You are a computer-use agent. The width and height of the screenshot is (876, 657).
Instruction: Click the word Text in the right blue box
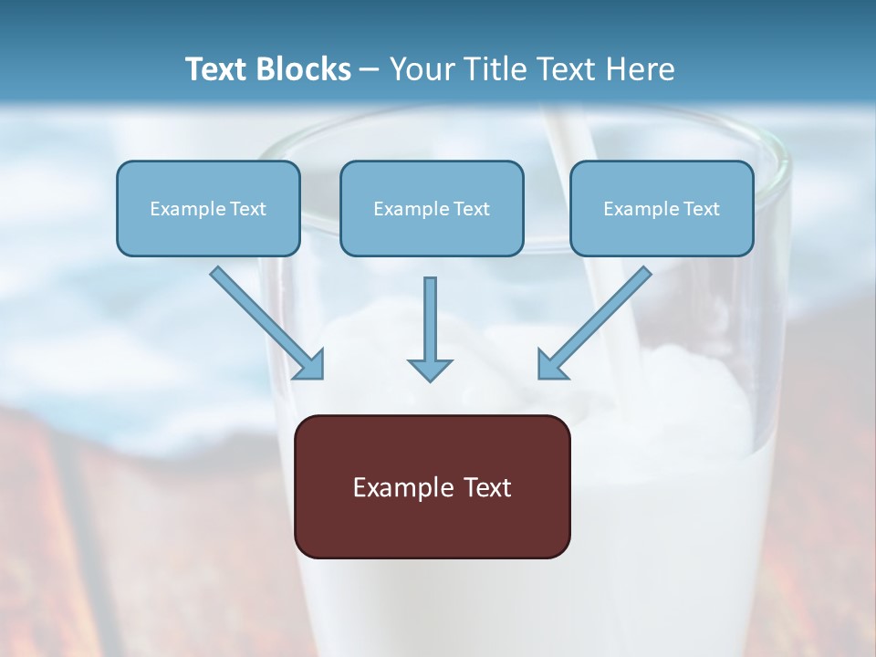coord(701,209)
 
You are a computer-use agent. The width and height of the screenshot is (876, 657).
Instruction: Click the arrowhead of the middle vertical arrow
coord(430,369)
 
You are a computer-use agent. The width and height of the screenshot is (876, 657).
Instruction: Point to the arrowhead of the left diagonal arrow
coord(310,365)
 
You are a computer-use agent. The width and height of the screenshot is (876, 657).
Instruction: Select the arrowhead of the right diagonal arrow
coord(551,365)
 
